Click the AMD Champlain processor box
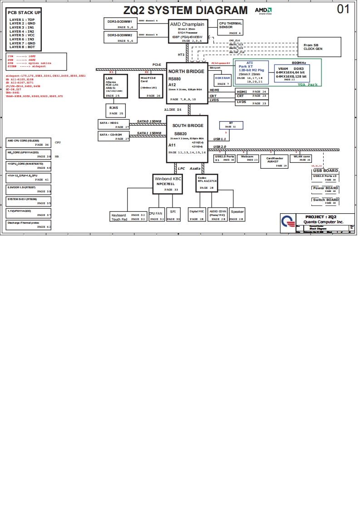point(188,31)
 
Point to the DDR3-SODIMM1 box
point(120,24)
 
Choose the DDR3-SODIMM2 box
point(120,37)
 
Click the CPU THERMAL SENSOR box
point(230,28)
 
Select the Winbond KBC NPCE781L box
point(168,183)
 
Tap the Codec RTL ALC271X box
point(207,183)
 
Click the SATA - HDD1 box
point(114,124)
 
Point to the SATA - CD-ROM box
point(114,136)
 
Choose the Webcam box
point(249,158)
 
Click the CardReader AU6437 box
point(274,162)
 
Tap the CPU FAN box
point(156,215)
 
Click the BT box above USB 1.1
point(231,125)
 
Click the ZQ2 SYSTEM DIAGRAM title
point(186,10)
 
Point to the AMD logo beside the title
point(263,10)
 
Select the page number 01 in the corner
point(344,9)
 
